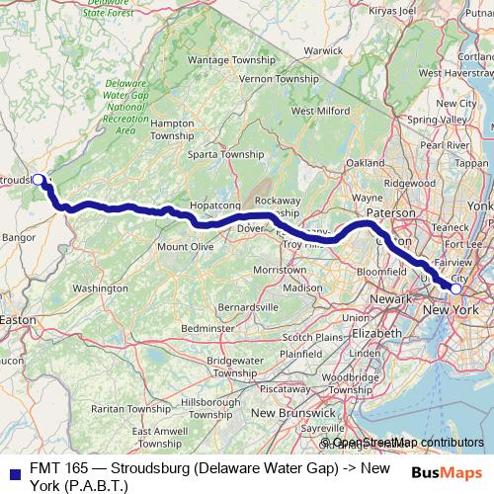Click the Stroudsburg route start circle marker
coord(38,180)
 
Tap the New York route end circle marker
coord(455,288)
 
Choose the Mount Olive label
coord(185,246)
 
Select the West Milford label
coord(315,111)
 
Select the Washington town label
coord(100,288)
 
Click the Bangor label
coord(19,238)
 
